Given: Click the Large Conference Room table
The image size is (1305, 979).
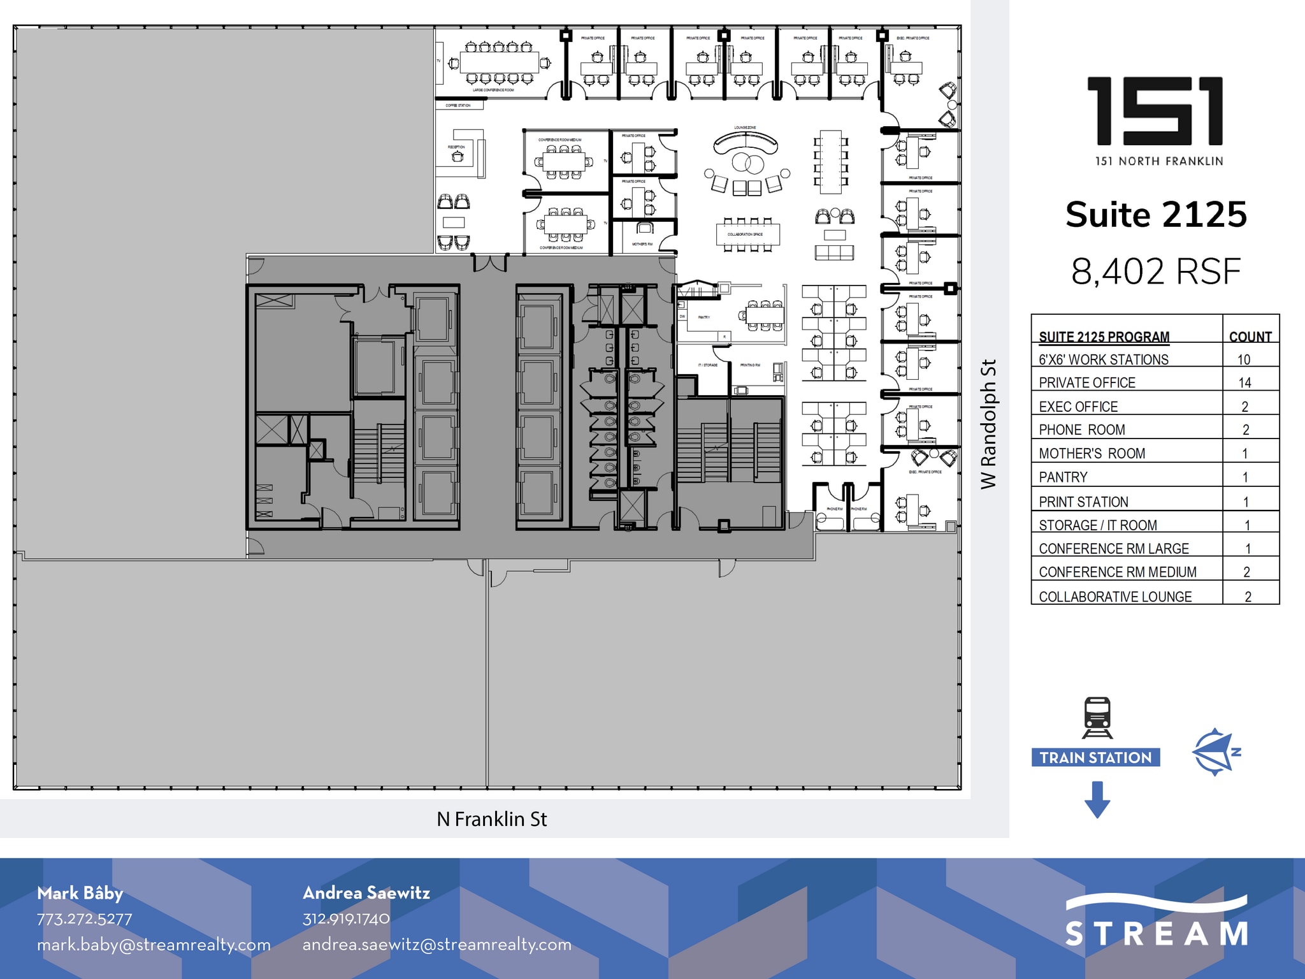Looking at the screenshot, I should pos(499,62).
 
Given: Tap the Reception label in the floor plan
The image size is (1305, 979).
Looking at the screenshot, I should pos(456,147).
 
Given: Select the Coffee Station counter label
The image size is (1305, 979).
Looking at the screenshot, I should pos(458,105).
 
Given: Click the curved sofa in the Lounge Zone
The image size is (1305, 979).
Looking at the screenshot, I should pos(745,143).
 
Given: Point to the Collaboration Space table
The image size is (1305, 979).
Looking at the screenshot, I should pos(747,235).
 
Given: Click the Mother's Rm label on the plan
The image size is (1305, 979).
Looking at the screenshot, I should pos(642,244).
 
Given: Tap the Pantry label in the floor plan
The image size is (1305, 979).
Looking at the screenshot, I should pos(703,317).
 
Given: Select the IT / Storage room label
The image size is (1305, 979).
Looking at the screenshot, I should pos(707,365).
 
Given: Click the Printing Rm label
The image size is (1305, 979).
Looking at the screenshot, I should pos(749,365).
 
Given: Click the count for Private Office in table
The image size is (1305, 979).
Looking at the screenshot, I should pos(1244,383).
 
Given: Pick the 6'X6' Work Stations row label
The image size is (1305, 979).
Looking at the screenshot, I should pos(1104,359).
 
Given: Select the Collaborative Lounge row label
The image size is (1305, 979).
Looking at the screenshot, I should pos(1115,597).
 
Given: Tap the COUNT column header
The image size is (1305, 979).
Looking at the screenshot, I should pos(1250,337).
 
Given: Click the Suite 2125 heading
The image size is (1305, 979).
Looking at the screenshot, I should pos(1156,214).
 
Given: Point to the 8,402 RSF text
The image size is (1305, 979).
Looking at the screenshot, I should pos(1156,272).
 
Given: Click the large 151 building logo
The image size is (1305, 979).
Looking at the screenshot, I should pos(1155,111).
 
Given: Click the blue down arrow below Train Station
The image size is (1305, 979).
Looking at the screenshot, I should pos(1097,800).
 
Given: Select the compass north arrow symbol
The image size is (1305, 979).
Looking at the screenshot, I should pos(1215,752).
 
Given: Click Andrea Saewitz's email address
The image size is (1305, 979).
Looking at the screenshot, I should pos(436,944).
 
